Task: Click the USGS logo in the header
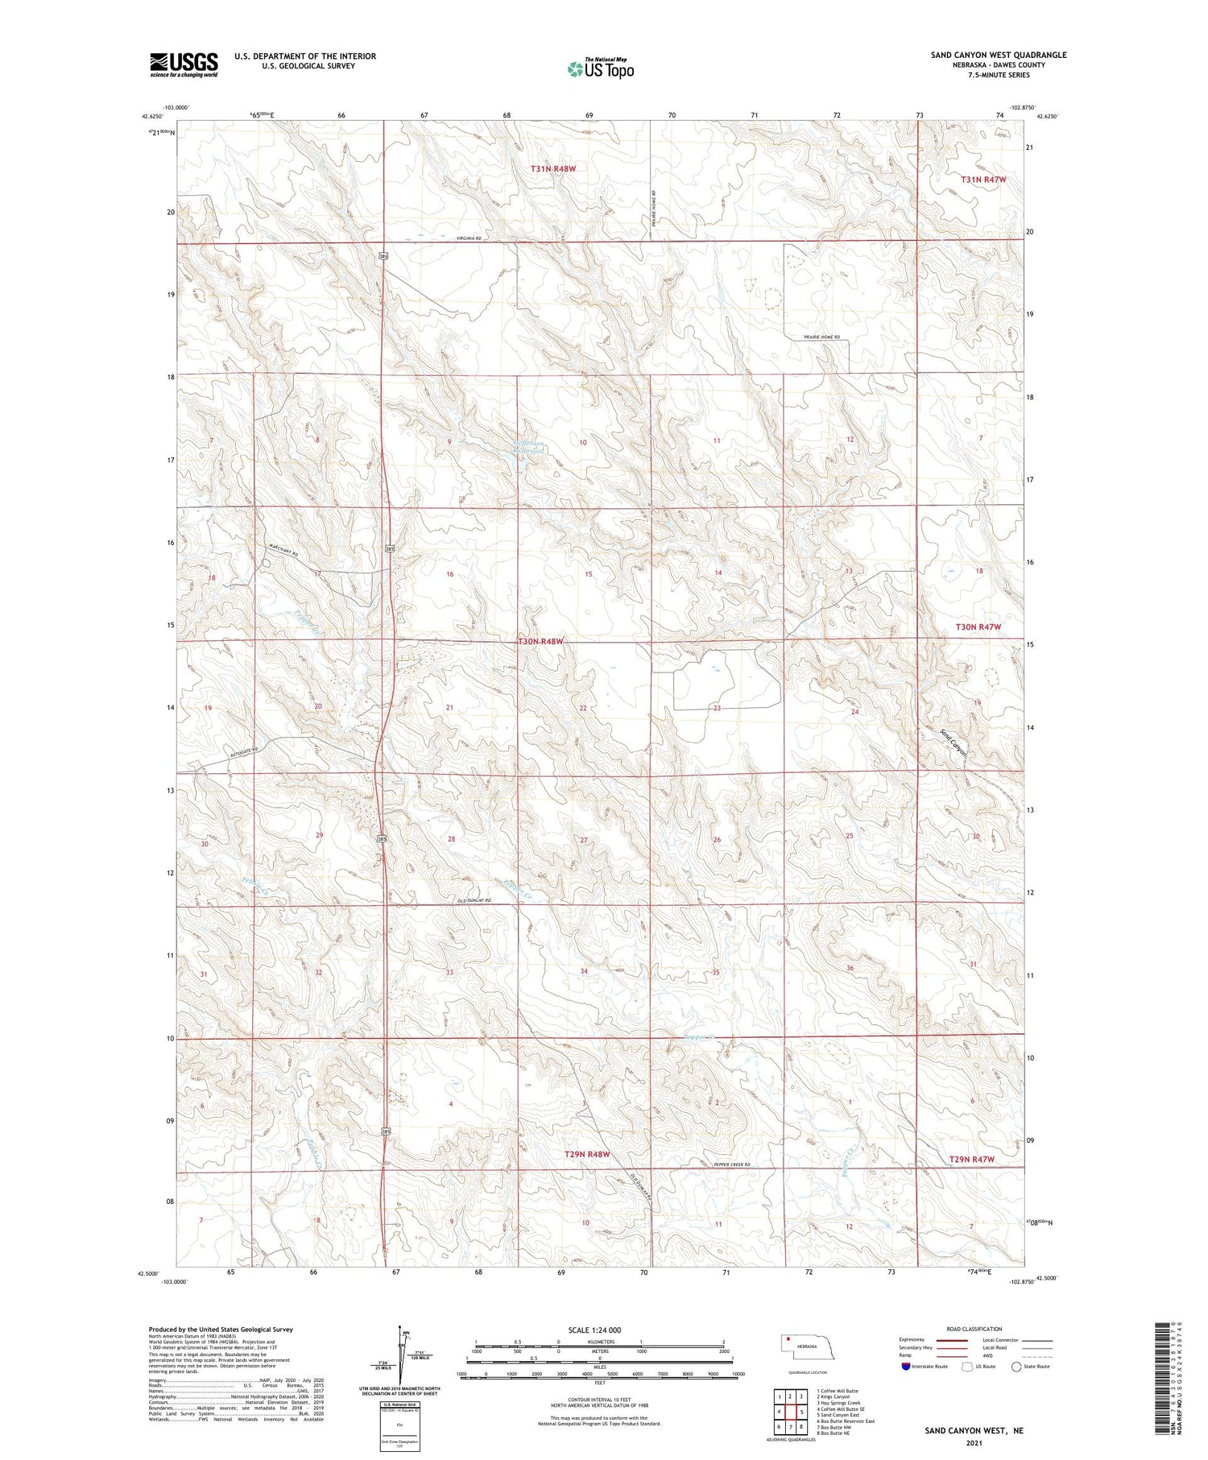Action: click(x=184, y=64)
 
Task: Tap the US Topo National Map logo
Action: click(x=600, y=68)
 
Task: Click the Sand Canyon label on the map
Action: click(x=954, y=742)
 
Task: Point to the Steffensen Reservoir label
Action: click(x=528, y=446)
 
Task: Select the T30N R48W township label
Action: click(x=540, y=642)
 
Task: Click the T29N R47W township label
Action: click(x=972, y=1159)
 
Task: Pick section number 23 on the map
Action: click(x=717, y=708)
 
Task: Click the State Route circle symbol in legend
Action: click(x=1017, y=1367)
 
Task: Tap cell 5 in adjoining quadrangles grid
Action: click(x=801, y=1411)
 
